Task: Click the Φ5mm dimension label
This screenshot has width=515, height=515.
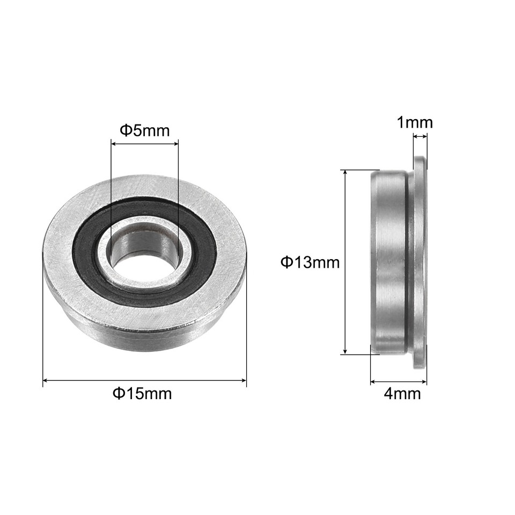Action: tap(144, 130)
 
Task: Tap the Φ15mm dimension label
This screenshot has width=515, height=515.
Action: tap(142, 394)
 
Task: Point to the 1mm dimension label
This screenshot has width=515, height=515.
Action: tap(414, 123)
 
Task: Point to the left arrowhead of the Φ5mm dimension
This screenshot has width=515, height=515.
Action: tap(113, 143)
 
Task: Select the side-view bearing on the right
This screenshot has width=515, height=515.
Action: tap(397, 262)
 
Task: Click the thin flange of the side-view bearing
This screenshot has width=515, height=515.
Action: tap(420, 262)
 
